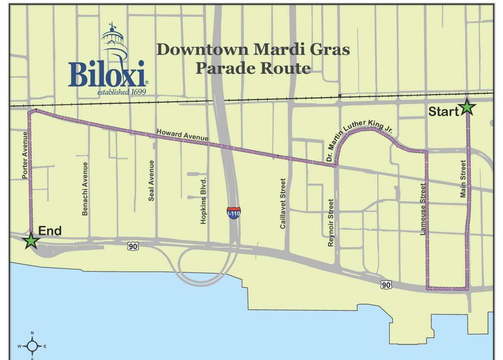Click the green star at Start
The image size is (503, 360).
coord(467,107)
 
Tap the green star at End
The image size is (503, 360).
coord(30,241)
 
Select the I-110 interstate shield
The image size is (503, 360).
coord(234,212)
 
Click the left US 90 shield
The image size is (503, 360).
coord(133,246)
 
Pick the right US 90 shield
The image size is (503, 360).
coord(386,285)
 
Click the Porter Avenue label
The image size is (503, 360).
coord(25,155)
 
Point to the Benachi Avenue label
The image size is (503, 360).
coord(85,189)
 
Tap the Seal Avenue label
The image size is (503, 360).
coord(151,180)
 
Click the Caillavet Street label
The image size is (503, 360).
coord(283,203)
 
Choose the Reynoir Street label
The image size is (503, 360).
coord(331,222)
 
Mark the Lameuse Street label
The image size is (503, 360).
coord(423,209)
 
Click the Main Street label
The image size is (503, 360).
coord(463,178)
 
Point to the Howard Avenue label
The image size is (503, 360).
coord(182,135)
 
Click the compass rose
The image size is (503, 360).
coord(32,346)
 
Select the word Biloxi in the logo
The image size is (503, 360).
coord(107,74)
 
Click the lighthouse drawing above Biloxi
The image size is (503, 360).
coord(114,42)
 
